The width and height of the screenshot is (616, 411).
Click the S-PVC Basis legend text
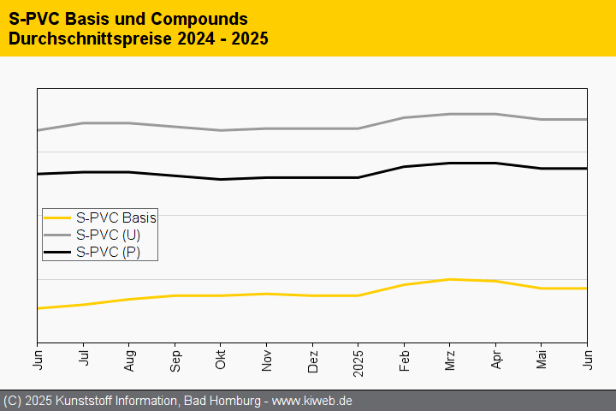tap(115, 217)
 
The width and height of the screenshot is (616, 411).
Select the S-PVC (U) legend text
tap(108, 235)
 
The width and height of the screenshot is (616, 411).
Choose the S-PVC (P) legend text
tap(108, 252)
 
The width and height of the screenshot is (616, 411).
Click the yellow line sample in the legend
tap(58, 217)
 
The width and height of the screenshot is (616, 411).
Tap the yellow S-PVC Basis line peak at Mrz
tap(450, 279)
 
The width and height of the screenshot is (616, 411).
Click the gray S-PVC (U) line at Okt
tap(221, 130)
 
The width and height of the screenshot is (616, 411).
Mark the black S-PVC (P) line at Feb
tap(405, 166)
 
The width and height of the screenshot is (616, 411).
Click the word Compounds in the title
tap(192, 18)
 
